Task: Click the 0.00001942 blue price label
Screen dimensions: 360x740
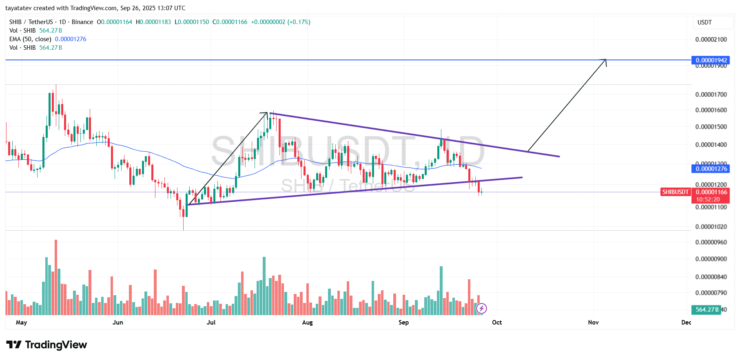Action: [711, 60]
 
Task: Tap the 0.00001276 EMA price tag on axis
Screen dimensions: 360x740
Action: [711, 168]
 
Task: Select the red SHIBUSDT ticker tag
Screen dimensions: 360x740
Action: [675, 192]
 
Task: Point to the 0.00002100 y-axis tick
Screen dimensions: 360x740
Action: [711, 40]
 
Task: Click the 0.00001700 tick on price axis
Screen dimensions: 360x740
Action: [711, 95]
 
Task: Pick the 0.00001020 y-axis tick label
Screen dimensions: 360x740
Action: [711, 227]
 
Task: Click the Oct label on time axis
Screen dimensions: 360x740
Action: [497, 322]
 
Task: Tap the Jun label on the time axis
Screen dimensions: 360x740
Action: [117, 322]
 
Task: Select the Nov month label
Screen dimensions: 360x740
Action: [593, 322]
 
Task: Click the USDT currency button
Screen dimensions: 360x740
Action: [705, 22]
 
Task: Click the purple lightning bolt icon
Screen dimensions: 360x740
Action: [481, 308]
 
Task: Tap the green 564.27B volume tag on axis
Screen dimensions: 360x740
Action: [707, 309]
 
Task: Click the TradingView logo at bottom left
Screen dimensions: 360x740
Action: [47, 345]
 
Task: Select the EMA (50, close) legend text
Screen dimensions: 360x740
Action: [30, 39]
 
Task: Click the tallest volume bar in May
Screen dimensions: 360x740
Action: [56, 277]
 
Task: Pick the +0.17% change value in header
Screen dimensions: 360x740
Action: [299, 22]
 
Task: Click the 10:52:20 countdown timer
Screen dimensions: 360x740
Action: [708, 199]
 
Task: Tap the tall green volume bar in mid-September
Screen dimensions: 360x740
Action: [441, 290]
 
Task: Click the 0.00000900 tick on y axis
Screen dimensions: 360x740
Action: [711, 259]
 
